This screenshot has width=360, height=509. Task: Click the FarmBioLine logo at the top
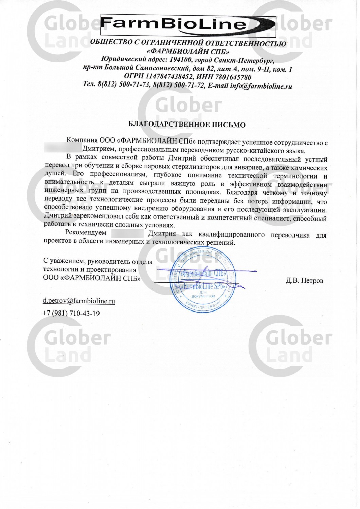pos(188,24)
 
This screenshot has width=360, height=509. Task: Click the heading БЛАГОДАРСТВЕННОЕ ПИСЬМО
pos(186,125)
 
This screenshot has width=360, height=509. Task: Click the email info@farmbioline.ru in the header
pos(261,86)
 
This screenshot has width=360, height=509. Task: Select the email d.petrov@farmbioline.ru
pos(79,301)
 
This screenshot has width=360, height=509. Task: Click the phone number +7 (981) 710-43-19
pos(71,313)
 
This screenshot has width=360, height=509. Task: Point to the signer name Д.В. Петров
pos(304,281)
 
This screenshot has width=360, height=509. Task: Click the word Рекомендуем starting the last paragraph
pos(86,233)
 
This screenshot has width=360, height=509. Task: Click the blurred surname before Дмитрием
pos(63,148)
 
